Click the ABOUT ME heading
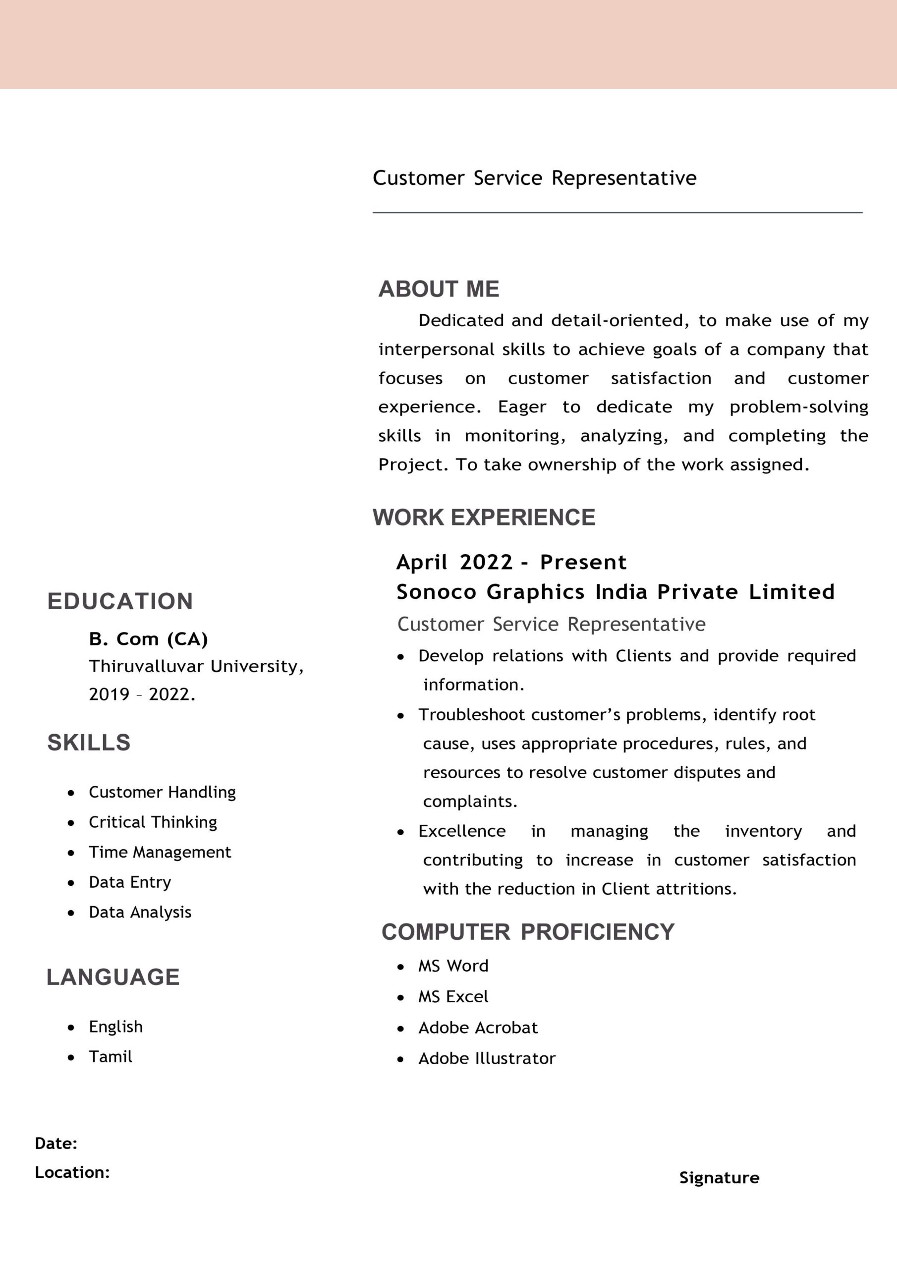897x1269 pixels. (x=438, y=289)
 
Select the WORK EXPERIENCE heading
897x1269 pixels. (x=484, y=518)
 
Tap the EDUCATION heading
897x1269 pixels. (x=120, y=601)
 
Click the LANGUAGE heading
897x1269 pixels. (x=113, y=977)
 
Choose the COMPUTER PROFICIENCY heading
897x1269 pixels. (x=528, y=932)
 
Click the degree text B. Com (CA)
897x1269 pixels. (x=148, y=639)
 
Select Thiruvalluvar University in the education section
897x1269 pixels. (x=196, y=666)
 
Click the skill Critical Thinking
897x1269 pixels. (x=153, y=822)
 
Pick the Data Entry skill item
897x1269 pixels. (x=130, y=882)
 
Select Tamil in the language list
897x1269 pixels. (x=111, y=1057)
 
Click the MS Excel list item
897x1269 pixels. (x=453, y=996)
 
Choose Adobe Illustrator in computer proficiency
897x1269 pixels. (x=486, y=1058)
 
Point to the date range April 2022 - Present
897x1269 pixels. (x=511, y=562)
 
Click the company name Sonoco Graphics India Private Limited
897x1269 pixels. (x=615, y=592)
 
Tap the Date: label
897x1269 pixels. (x=56, y=1144)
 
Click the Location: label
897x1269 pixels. (x=72, y=1172)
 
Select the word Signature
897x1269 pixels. (x=719, y=1178)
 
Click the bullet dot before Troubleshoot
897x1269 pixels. (x=401, y=716)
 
